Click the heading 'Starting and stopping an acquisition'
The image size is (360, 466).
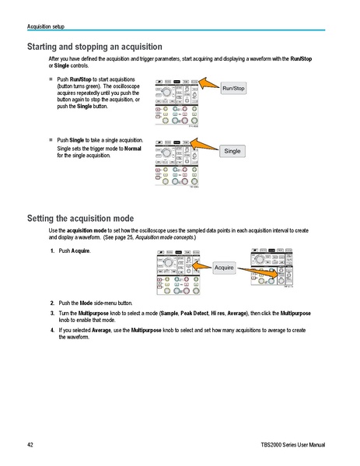click(94, 47)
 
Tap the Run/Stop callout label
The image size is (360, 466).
click(234, 89)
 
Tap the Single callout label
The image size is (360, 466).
click(232, 150)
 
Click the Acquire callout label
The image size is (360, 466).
click(224, 267)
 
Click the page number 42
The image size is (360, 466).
click(30, 445)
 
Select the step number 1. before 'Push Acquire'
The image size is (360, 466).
click(52, 251)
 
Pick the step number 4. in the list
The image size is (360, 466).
click(52, 330)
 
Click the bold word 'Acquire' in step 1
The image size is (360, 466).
click(81, 251)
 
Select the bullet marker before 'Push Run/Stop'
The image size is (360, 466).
click(51, 79)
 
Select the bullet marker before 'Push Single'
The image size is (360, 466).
click(51, 140)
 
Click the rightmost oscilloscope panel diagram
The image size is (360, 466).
click(271, 268)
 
